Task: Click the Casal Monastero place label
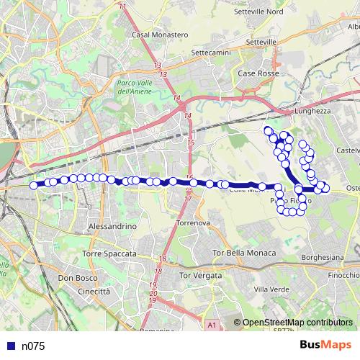160,34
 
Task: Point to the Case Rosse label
257,73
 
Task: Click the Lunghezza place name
311,112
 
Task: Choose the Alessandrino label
111,226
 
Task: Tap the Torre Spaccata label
109,254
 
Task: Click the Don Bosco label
73,278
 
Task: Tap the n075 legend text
33,346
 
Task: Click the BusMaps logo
326,345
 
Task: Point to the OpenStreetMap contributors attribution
297,324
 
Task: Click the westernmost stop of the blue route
34,185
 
